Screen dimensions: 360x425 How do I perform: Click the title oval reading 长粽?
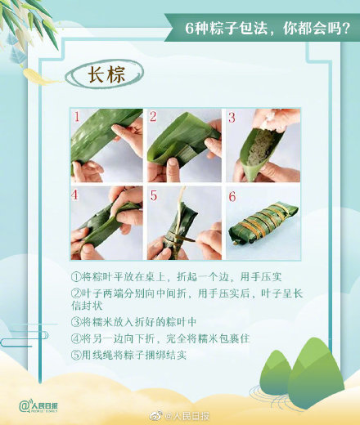[105, 74]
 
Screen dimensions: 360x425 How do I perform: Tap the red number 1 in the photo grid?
[77, 117]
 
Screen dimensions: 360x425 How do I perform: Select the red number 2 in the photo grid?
[153, 117]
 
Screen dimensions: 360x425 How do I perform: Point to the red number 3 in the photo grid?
[232, 117]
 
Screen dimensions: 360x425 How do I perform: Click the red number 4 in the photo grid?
[74, 195]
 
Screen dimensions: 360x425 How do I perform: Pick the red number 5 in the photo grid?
[154, 195]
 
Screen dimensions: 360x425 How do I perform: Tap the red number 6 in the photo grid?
[232, 196]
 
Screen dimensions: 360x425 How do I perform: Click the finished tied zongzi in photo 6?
[263, 222]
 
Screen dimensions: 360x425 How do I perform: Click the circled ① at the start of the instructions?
[76, 277]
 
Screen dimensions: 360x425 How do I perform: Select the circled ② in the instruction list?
[76, 293]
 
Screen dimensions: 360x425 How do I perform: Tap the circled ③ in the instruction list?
[76, 322]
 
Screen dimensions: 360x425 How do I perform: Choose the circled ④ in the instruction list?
[76, 338]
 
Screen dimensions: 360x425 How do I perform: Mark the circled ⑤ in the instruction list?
[76, 355]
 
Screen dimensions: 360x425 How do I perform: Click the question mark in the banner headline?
[345, 28]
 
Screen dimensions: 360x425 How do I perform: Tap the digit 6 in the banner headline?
[190, 28]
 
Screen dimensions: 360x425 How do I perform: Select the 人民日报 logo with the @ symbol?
[38, 406]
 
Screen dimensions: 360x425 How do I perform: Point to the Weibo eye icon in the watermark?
[156, 416]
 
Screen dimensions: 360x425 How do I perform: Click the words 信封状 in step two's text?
[87, 306]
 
